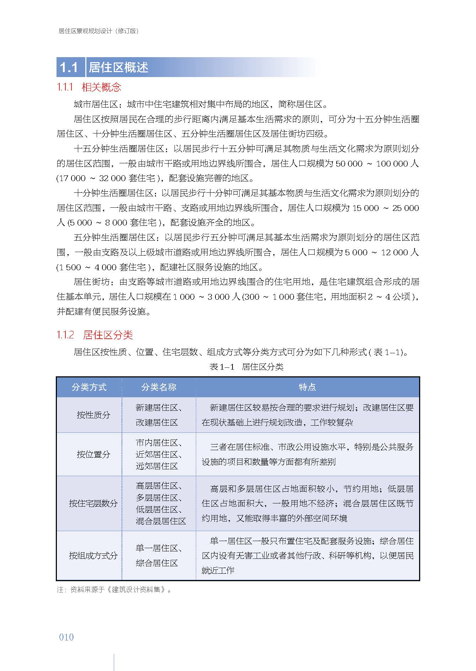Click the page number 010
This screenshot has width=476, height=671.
point(66,637)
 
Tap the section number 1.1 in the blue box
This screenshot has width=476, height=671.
point(69,67)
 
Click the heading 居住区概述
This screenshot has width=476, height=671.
point(118,67)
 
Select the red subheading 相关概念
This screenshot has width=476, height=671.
point(101,87)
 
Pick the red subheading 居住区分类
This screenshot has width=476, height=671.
point(108,335)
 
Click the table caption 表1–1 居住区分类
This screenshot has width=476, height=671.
point(246,367)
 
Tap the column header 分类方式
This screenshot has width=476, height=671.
point(89,387)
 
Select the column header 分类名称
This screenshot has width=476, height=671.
point(159,387)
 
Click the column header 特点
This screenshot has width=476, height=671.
point(307,387)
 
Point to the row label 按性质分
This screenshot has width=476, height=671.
point(93,415)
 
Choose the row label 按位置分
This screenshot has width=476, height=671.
point(93,454)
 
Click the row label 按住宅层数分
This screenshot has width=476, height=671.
point(93,503)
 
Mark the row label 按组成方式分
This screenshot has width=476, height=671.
point(93,556)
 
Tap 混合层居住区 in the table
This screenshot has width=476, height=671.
point(161,521)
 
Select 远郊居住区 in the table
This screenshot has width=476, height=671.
point(157,466)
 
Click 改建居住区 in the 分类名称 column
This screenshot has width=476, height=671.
point(157,422)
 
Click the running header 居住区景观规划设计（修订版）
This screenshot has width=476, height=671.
point(98,31)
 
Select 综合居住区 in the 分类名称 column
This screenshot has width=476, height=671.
point(157,563)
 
